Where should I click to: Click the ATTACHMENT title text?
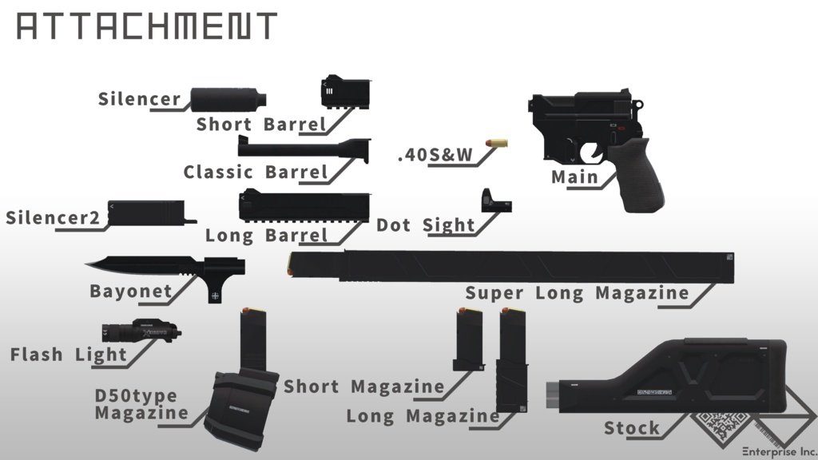pos(146,27)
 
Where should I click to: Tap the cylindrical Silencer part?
pos(228,99)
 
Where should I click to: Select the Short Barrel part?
pos(347,91)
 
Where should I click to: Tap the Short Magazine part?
pos(468,340)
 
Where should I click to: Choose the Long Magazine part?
pos(511,359)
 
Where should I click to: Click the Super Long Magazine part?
pos(511,267)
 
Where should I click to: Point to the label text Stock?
pos(632,428)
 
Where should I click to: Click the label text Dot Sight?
pos(426,225)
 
